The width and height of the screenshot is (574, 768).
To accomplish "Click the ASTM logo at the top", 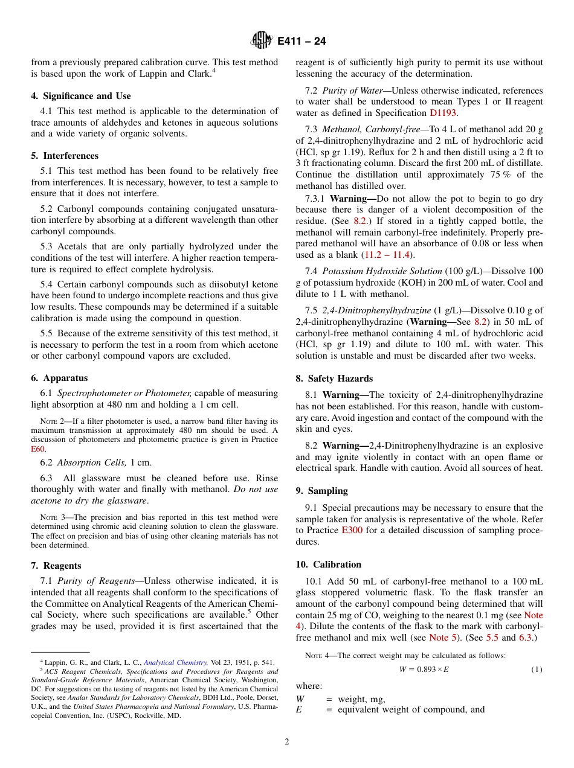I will point(262,41).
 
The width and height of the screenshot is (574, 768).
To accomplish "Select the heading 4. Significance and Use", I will point(81,96).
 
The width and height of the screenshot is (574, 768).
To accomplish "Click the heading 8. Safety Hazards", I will point(334,379).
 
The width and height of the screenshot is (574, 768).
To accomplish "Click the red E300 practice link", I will point(352,531).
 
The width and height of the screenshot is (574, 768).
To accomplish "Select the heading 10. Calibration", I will point(328,565).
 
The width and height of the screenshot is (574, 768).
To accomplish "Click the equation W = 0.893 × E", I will point(424,670).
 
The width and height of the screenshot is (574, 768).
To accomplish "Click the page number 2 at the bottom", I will point(287,742).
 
